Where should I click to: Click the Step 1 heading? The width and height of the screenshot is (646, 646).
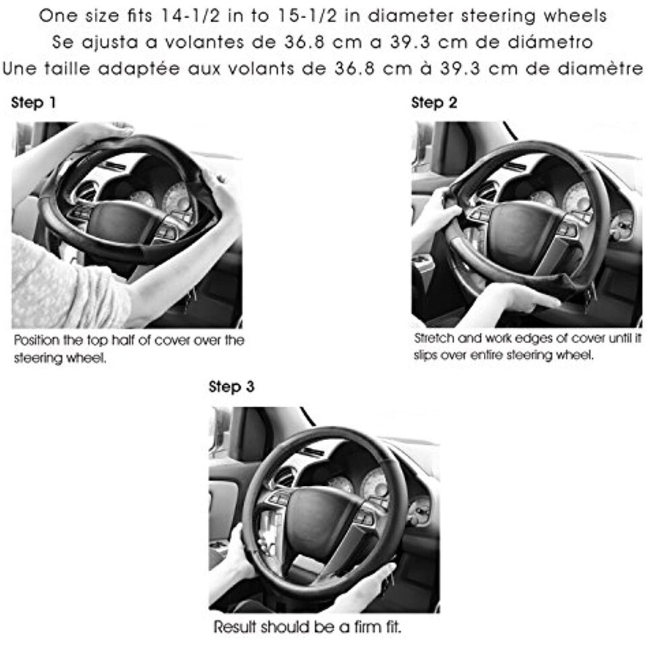[x=34, y=102]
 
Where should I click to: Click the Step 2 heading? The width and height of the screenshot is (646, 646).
[x=434, y=102]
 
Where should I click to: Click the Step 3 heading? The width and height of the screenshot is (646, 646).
[x=231, y=386]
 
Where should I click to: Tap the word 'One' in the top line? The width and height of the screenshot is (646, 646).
[x=58, y=16]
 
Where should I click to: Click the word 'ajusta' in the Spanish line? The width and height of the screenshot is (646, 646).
[x=110, y=42]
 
